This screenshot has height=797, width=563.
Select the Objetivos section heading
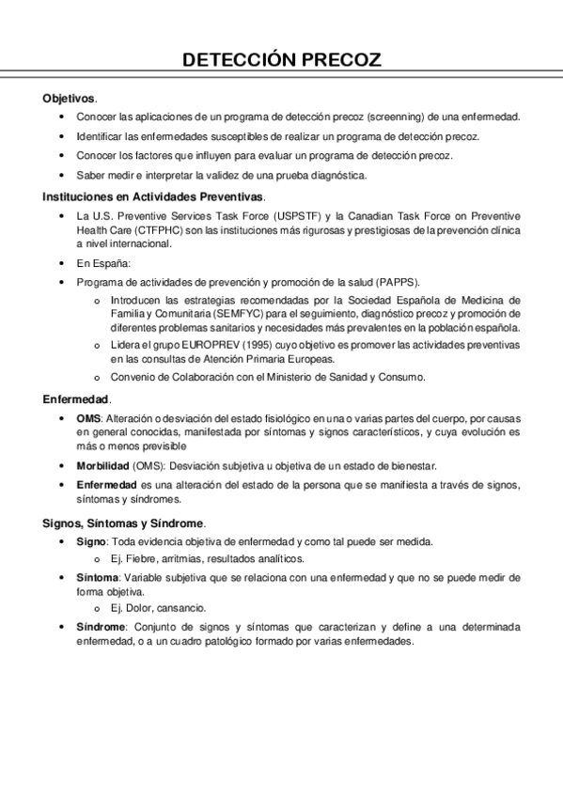click(x=69, y=98)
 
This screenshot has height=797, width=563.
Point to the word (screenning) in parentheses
click(x=390, y=117)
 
